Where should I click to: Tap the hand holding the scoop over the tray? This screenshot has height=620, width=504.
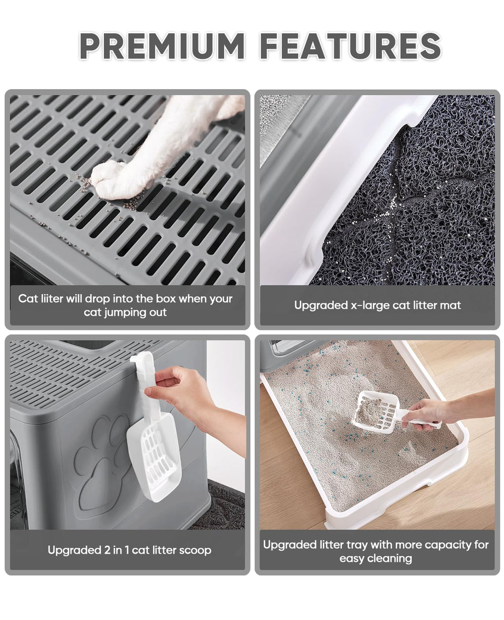pos(428,413)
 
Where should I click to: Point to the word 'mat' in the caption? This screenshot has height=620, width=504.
pos(451,305)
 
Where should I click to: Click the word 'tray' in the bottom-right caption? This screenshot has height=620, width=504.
pos(354,545)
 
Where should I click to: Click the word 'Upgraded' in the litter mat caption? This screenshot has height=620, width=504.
pos(318,305)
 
